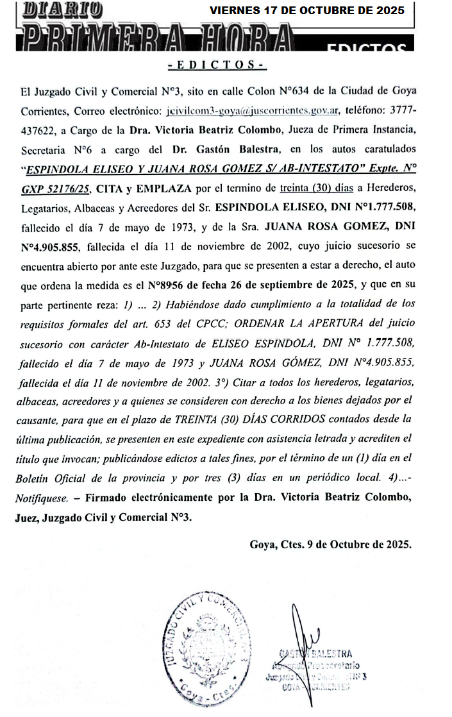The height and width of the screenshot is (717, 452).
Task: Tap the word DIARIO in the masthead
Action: pos(62,10)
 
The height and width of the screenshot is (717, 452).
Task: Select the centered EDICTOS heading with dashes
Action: pos(216,65)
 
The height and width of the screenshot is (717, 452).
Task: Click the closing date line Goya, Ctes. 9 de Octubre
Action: pos(330,544)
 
